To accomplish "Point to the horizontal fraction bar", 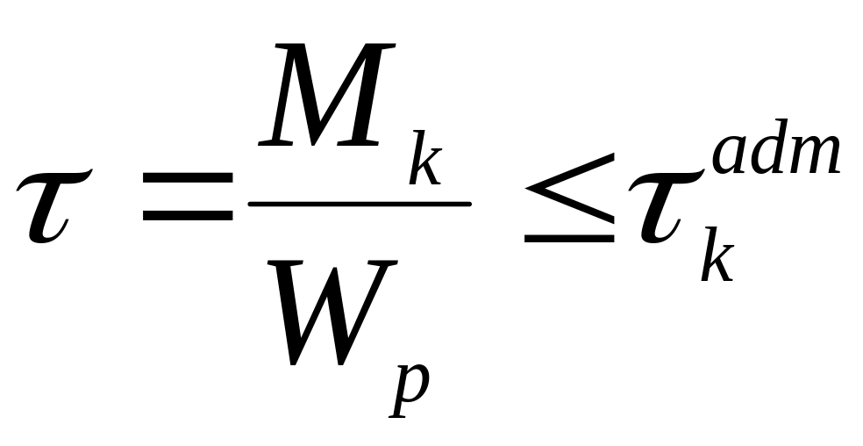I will coord(360,204).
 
